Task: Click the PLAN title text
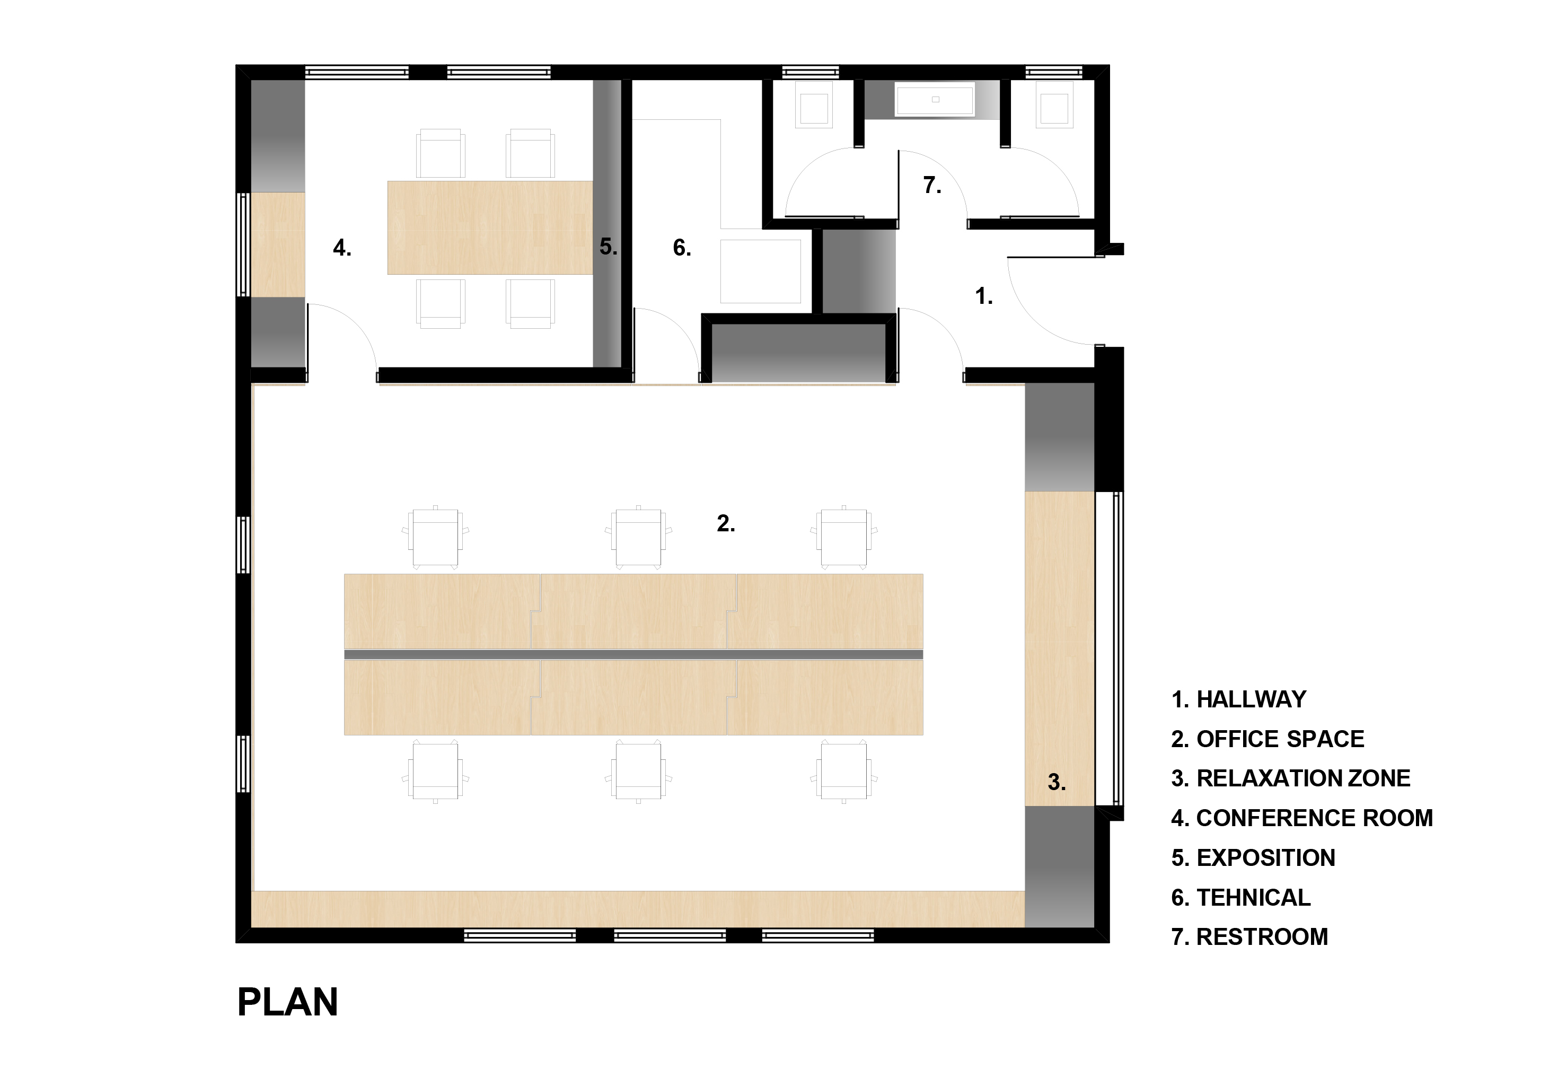287,1002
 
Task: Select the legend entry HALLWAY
1238,699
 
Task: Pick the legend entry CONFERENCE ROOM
1302,818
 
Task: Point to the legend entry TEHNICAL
1241,898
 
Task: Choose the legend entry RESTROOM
1249,937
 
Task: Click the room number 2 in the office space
725,523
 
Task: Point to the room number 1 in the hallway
983,295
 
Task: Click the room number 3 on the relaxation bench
1056,782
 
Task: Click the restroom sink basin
935,100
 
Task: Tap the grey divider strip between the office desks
633,654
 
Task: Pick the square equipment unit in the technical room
761,271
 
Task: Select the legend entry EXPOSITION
1253,858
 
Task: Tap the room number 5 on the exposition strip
608,247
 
